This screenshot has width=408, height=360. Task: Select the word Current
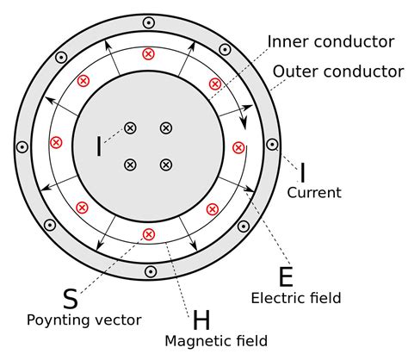point(314,192)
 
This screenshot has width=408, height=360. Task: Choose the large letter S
point(71,299)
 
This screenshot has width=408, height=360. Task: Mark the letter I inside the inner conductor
point(99,147)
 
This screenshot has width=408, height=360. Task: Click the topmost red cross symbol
point(148,53)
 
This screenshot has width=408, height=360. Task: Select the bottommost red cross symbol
point(148,234)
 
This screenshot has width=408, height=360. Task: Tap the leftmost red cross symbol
point(57,143)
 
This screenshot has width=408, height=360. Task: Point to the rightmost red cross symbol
point(238,147)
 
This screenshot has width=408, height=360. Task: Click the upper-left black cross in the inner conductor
point(131,127)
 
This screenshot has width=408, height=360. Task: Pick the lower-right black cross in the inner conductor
point(166,164)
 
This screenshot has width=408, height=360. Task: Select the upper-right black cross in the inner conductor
point(166,127)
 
